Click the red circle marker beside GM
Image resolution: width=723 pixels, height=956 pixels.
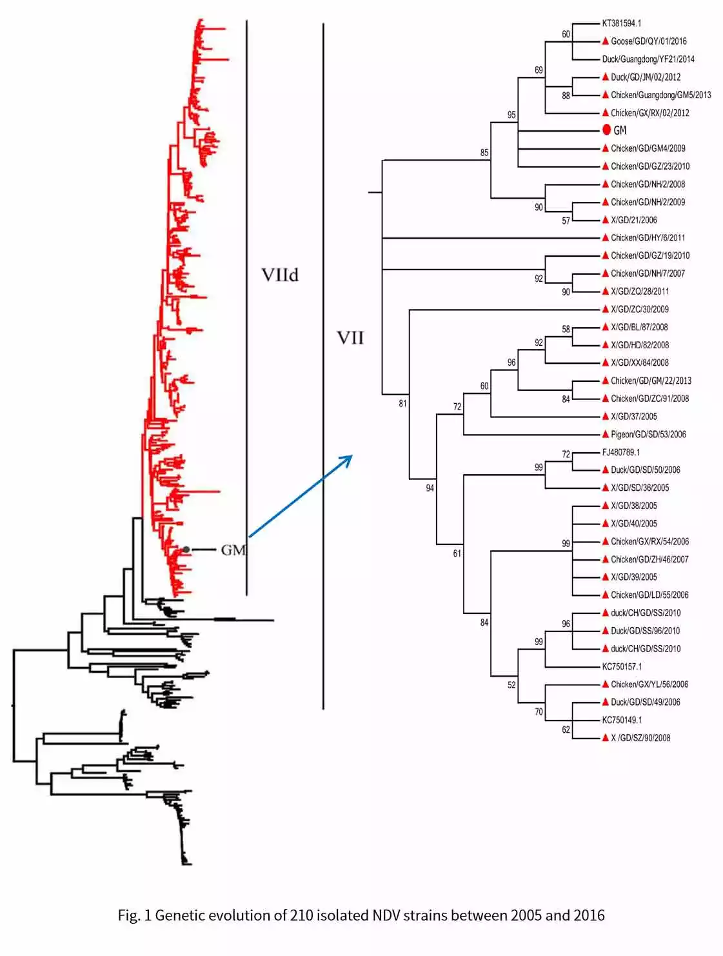pyautogui.click(x=606, y=130)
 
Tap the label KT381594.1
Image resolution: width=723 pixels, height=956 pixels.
pyautogui.click(x=621, y=23)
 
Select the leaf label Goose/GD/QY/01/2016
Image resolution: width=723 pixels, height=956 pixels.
pyautogui.click(x=648, y=41)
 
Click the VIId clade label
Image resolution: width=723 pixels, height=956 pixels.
pyautogui.click(x=280, y=275)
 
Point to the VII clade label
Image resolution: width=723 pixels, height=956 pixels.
pyautogui.click(x=350, y=338)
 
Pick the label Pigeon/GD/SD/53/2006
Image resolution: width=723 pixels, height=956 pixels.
pyautogui.click(x=648, y=434)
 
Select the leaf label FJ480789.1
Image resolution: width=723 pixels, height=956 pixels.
pyautogui.click(x=620, y=452)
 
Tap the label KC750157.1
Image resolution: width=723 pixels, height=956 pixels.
pyautogui.click(x=622, y=666)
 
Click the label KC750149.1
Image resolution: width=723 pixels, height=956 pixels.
pyautogui.click(x=622, y=720)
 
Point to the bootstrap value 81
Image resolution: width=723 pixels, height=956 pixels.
pyautogui.click(x=402, y=404)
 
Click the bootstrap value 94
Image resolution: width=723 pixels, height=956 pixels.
pyautogui.click(x=430, y=488)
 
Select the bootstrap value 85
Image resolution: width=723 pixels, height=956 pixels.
pyautogui.click(x=484, y=153)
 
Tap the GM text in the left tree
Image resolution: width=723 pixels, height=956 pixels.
pyautogui.click(x=233, y=550)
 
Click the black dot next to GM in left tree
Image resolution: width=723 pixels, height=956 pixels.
pyautogui.click(x=186, y=550)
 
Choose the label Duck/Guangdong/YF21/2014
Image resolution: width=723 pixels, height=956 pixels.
pyautogui.click(x=648, y=59)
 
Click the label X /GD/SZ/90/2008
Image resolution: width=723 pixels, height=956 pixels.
pyautogui.click(x=640, y=738)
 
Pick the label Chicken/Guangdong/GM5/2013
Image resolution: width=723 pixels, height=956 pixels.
pyautogui.click(x=660, y=95)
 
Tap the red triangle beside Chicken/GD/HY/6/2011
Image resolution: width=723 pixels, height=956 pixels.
pyautogui.click(x=605, y=237)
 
